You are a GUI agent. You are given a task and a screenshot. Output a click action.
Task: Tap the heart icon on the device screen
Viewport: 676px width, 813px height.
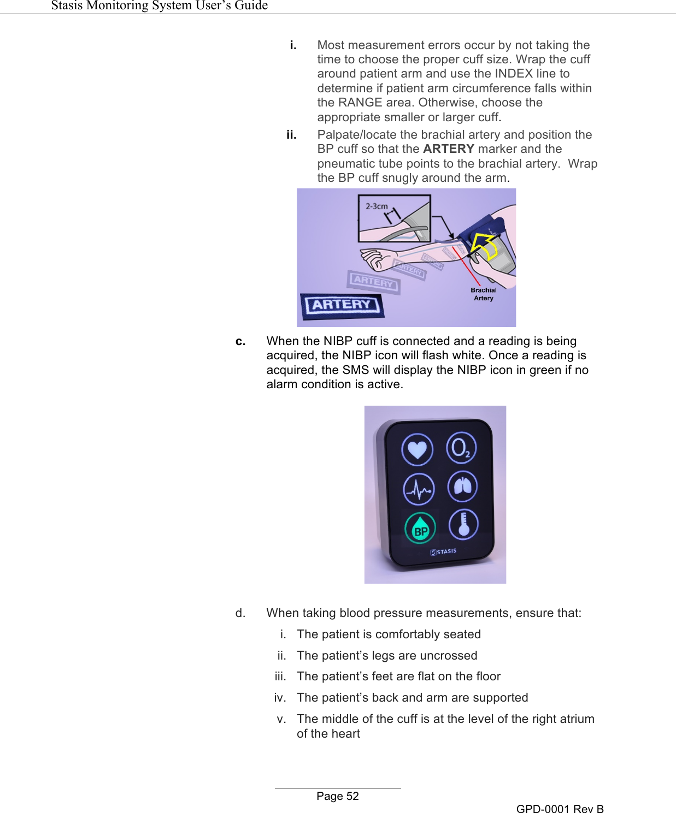pos(418,450)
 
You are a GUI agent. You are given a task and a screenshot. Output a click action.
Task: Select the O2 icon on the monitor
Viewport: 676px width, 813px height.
pos(461,448)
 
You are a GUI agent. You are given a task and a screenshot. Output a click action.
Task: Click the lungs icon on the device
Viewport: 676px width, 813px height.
pos(462,486)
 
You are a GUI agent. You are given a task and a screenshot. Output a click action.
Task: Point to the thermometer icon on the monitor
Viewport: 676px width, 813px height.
pos(463,524)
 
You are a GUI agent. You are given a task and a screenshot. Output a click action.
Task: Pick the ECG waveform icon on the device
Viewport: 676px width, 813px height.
pos(419,489)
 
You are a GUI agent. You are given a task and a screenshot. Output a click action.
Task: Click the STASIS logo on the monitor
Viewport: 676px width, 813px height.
pos(443,552)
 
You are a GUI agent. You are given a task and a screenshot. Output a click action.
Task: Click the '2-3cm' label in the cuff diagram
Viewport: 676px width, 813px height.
pos(377,206)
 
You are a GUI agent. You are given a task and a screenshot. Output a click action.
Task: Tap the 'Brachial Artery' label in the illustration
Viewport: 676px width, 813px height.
pos(483,294)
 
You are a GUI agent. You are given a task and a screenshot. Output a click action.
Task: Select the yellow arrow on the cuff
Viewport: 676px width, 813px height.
pos(485,245)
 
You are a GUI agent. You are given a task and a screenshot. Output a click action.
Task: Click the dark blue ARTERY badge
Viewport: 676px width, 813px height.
pos(342,305)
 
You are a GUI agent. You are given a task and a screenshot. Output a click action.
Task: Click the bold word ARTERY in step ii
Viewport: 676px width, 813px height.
pos(448,149)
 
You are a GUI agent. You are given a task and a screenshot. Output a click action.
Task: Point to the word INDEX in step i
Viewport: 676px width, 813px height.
pos(513,74)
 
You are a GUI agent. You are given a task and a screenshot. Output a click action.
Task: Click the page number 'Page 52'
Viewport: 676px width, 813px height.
pos(338,796)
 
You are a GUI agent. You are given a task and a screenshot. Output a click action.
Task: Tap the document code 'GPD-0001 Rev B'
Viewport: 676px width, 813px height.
pos(560,809)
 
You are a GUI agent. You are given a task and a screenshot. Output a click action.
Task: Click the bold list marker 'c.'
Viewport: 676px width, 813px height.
pos(240,341)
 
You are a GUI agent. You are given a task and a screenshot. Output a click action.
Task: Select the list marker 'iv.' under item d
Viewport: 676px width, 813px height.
pos(280,698)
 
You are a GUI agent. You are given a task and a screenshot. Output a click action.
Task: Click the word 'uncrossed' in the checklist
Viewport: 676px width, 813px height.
pos(448,655)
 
